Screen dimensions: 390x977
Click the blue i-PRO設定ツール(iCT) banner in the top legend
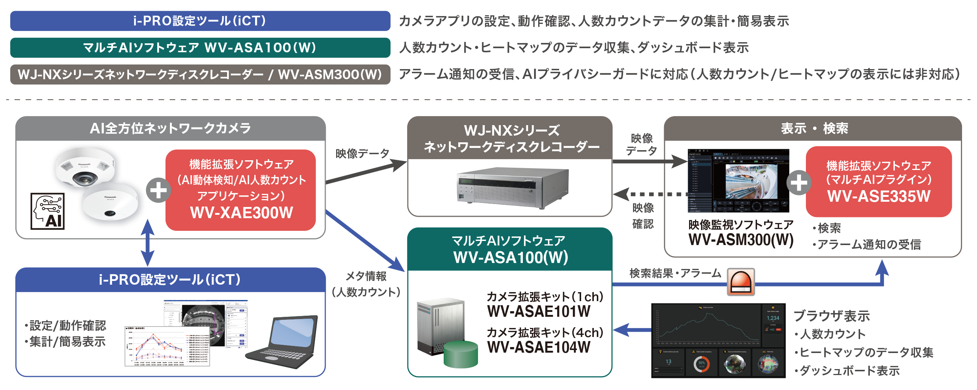coord(200,21)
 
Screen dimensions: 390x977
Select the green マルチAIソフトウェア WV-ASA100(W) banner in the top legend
coord(200,48)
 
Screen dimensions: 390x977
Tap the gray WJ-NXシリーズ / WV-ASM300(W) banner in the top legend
coord(200,74)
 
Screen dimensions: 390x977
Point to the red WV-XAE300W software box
coord(241,190)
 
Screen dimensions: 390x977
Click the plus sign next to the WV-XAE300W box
coord(158,190)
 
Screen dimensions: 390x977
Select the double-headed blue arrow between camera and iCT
coord(147,243)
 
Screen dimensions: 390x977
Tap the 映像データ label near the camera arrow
coord(362,154)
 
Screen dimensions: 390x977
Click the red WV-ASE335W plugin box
coord(878,181)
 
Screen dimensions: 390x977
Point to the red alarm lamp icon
coord(741,282)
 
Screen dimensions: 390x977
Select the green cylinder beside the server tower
coord(460,355)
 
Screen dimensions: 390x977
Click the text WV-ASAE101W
coord(539,312)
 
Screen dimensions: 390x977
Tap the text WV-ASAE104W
coord(539,347)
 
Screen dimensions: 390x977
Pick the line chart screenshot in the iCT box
coord(167,346)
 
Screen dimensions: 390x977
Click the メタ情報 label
coord(366,276)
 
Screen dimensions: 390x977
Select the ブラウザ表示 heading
coord(831,316)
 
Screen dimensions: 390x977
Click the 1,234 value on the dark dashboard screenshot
coord(773,318)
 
